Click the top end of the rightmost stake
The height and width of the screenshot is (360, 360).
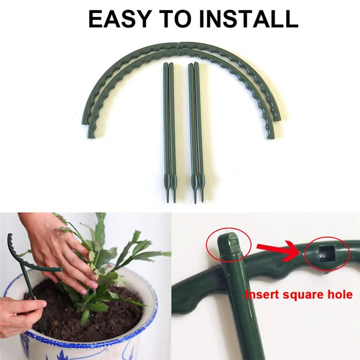coord(197,65)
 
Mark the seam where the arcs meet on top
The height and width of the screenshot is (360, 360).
coord(180,45)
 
